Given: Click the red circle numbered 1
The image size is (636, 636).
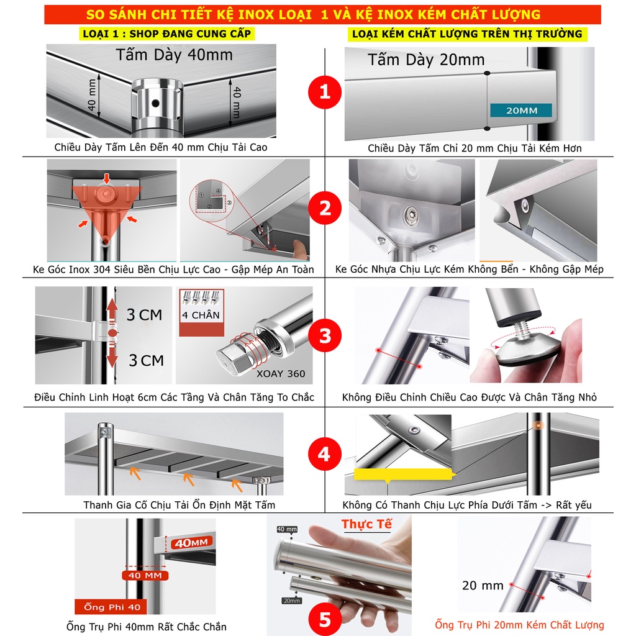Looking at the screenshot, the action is pyautogui.click(x=325, y=92).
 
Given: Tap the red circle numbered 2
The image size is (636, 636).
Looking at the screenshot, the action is pyautogui.click(x=325, y=208).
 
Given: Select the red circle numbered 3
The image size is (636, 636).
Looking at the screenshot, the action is pyautogui.click(x=325, y=335).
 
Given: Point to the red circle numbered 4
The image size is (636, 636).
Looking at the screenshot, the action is pyautogui.click(x=324, y=454).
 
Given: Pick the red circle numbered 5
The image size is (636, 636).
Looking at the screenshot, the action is pyautogui.click(x=325, y=619).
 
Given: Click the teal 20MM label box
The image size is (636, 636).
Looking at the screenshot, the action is pyautogui.click(x=521, y=111).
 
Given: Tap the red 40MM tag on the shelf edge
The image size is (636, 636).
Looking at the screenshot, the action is pyautogui.click(x=191, y=543).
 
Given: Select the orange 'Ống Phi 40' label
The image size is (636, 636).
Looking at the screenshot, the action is pyautogui.click(x=112, y=607).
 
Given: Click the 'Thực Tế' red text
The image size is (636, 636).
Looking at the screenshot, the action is pyautogui.click(x=366, y=524).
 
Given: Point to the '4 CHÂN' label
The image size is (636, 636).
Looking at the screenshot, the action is pyautogui.click(x=201, y=315).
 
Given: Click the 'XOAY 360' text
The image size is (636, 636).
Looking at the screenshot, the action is pyautogui.click(x=281, y=373).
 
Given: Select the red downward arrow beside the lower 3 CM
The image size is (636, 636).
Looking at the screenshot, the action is pyautogui.click(x=112, y=355).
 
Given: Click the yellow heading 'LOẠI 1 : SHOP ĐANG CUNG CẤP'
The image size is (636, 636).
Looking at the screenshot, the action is pyautogui.click(x=166, y=34).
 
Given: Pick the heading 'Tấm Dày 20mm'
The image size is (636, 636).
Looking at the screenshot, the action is pyautogui.click(x=426, y=60).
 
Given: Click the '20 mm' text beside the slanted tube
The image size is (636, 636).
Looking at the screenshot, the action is pyautogui.click(x=482, y=585).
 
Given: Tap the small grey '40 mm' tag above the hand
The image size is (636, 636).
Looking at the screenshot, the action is pyautogui.click(x=287, y=529).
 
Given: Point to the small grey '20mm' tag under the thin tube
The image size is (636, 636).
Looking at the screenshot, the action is pyautogui.click(x=292, y=601).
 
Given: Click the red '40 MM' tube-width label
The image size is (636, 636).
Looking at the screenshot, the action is pyautogui.click(x=145, y=575).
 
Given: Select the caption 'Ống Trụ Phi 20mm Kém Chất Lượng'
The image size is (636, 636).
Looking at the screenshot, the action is pyautogui.click(x=519, y=625).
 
